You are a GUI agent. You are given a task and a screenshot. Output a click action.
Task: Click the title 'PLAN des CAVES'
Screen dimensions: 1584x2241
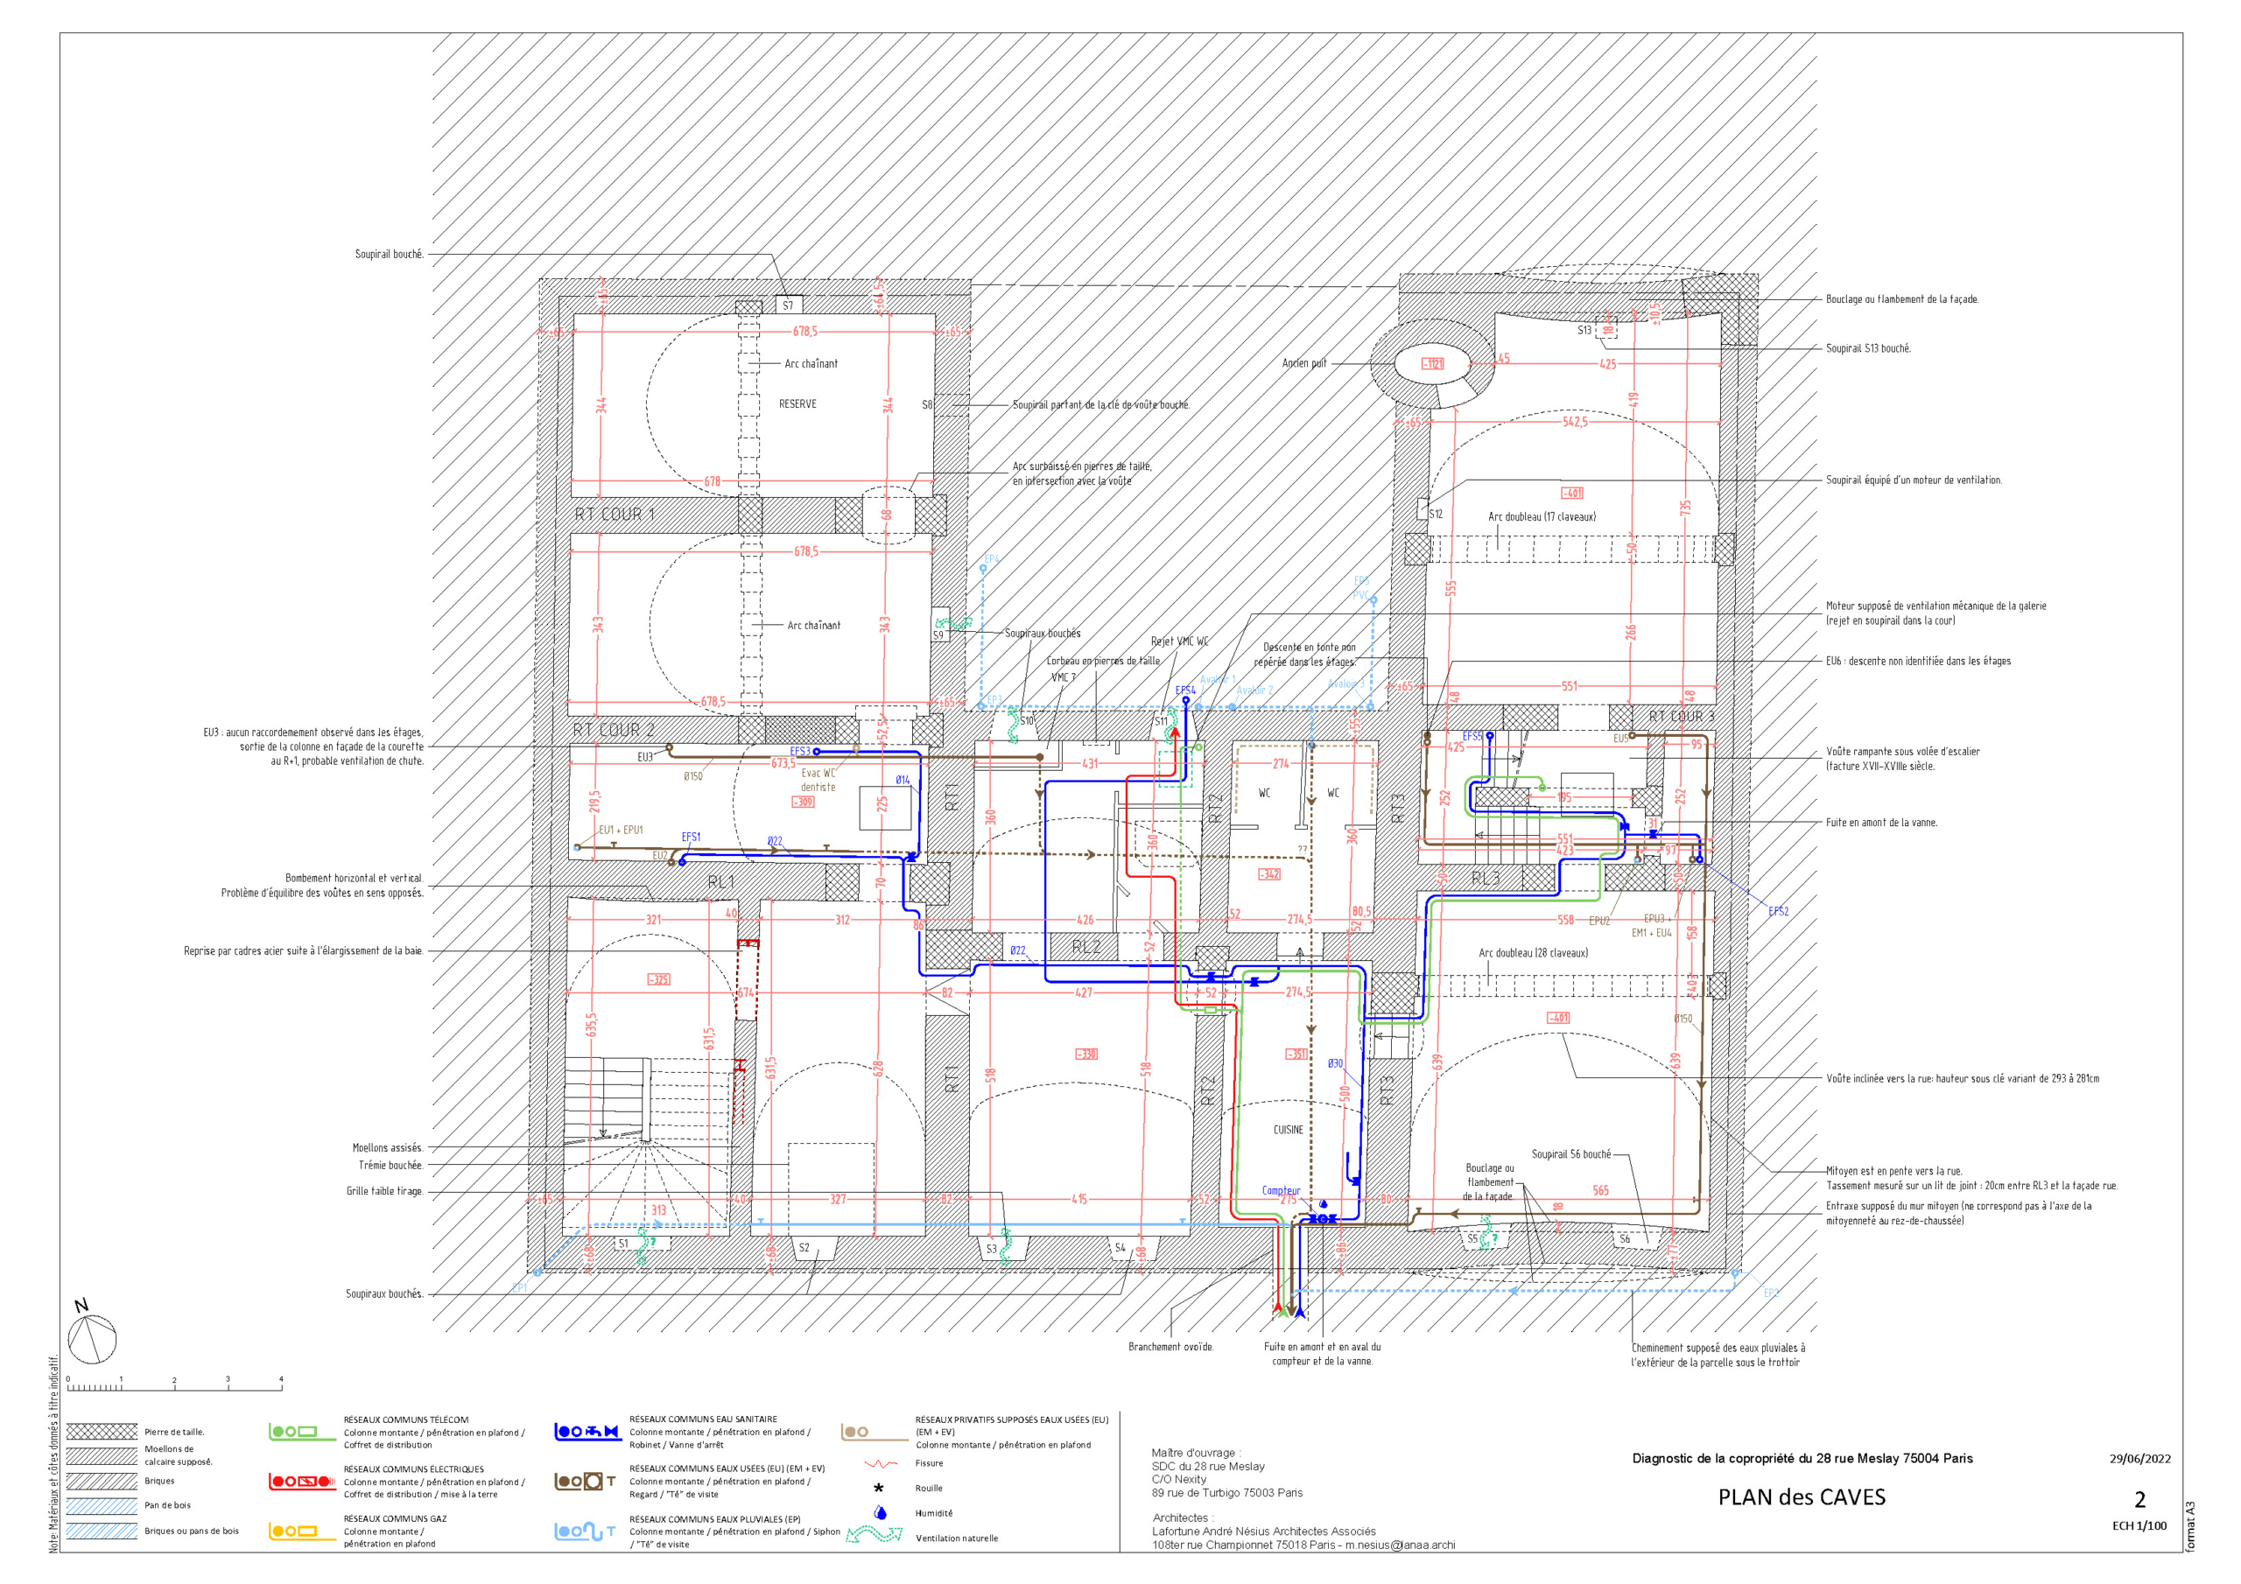click(x=1801, y=1497)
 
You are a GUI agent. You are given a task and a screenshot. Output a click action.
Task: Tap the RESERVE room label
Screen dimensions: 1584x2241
click(x=797, y=404)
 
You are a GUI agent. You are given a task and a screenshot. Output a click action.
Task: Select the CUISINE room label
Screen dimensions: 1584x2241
click(x=1288, y=1129)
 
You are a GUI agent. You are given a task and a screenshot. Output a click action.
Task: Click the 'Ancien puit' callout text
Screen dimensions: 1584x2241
click(x=1304, y=363)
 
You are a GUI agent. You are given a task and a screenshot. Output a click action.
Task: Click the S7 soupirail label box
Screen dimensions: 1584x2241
click(x=789, y=305)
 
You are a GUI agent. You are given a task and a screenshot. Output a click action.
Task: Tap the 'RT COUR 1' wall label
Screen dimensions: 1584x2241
click(x=614, y=515)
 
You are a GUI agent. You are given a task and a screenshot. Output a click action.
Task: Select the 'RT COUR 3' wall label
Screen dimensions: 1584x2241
click(x=1681, y=717)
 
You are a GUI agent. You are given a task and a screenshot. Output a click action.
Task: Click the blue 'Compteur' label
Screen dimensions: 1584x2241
click(x=1281, y=1191)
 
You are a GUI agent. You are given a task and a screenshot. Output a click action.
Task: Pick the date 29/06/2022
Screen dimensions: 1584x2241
click(x=2139, y=1458)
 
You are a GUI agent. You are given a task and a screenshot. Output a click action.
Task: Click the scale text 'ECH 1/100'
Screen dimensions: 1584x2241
click(x=2139, y=1525)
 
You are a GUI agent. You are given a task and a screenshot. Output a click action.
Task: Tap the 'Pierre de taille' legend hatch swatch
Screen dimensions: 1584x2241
click(x=102, y=1432)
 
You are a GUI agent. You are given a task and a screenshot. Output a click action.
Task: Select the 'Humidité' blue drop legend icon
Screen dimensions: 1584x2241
click(x=881, y=1513)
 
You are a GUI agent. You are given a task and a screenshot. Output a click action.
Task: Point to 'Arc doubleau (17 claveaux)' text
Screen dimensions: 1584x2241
click(x=1542, y=516)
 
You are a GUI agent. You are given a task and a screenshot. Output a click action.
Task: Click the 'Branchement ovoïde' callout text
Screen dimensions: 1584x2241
click(x=1170, y=1347)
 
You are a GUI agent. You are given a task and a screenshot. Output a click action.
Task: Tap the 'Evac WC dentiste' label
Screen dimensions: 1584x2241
click(x=818, y=780)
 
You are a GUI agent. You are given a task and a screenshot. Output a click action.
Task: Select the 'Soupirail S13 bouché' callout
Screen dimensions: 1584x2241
click(x=1868, y=348)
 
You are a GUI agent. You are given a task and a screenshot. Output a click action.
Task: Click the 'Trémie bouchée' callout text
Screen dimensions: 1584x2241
click(x=390, y=1166)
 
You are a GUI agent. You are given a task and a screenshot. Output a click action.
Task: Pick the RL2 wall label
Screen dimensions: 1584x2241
click(x=1085, y=947)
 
